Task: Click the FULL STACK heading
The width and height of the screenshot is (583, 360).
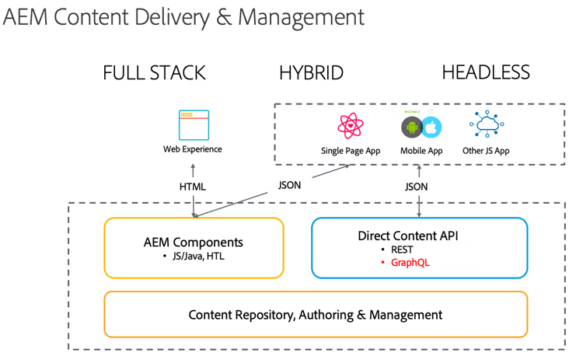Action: point(154,74)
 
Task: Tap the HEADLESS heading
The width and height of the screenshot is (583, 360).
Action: point(486,73)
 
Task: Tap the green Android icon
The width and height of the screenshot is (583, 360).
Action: point(411,127)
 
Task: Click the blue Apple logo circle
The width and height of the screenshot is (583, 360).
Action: point(431,127)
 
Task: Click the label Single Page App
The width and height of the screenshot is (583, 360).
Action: point(351,150)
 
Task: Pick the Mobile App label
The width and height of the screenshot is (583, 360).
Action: point(421,150)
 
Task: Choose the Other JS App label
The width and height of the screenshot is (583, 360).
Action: point(486,150)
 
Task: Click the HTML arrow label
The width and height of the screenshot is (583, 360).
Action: point(192,187)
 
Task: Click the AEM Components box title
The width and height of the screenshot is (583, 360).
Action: point(193,242)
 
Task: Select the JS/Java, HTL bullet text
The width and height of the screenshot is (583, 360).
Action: point(197,256)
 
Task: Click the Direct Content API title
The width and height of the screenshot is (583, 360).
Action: point(419,236)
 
